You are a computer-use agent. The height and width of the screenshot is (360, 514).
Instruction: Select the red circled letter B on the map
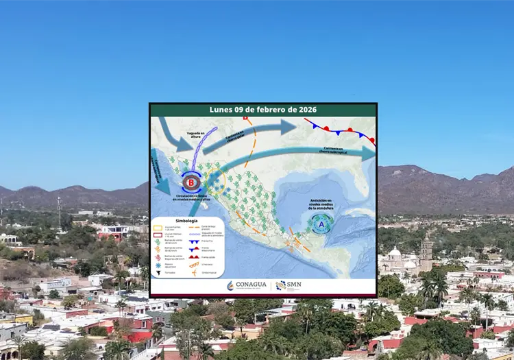coord(191,182)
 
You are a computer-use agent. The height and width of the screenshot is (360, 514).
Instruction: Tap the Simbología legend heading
coord(186,221)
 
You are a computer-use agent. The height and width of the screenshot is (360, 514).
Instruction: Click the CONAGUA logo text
coord(252,285)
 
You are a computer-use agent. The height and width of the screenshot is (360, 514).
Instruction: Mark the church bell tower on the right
coord(426,252)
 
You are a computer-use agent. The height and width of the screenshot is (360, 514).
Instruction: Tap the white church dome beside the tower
coord(395,254)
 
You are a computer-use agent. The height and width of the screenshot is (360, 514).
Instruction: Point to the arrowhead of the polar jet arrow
coord(290,126)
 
